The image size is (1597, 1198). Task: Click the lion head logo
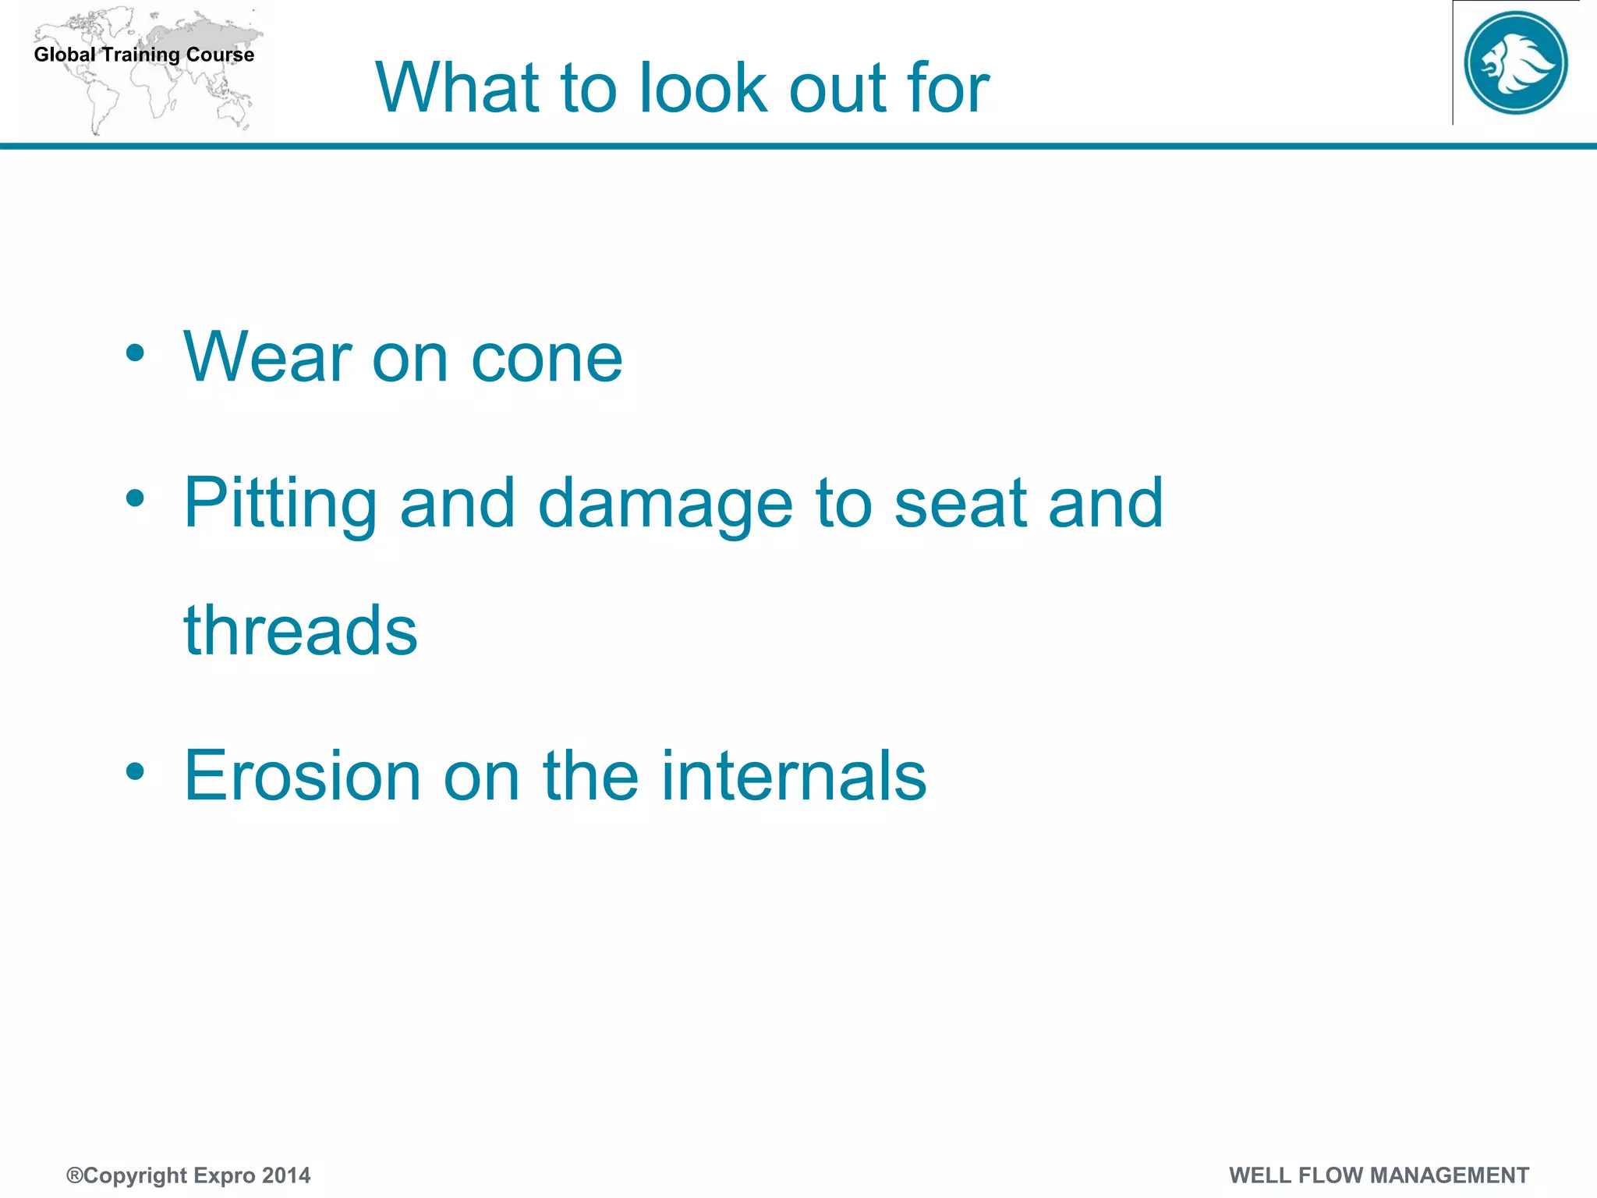(x=1515, y=62)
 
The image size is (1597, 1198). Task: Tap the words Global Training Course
(x=144, y=55)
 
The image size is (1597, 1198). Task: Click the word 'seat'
(x=960, y=504)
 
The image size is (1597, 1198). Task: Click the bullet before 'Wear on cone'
(x=135, y=353)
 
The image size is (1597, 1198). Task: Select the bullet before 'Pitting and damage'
(x=135, y=498)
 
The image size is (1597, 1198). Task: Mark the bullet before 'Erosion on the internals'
(x=135, y=771)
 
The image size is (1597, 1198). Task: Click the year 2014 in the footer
(x=286, y=1175)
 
